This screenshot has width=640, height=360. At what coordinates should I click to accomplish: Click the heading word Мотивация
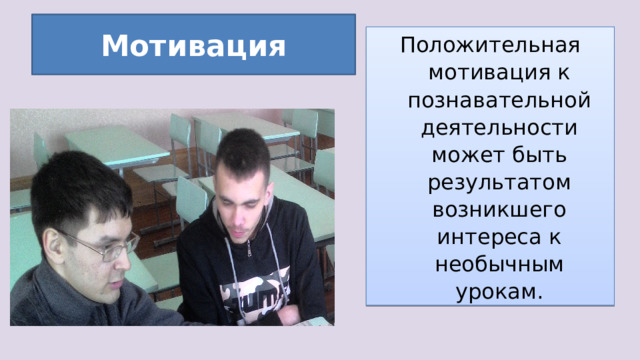[x=193, y=46]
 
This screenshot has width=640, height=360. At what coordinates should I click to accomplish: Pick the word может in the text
[x=458, y=157]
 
